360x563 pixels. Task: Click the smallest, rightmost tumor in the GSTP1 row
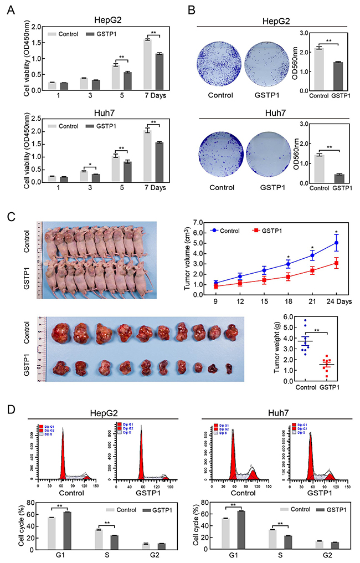tap(245, 368)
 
